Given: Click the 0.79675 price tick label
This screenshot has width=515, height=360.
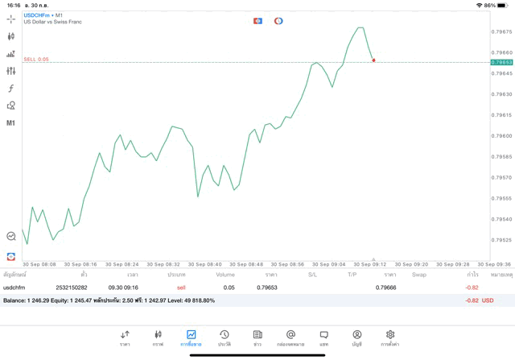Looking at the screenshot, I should (x=501, y=31).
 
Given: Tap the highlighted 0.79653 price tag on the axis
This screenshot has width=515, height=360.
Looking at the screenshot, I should (x=501, y=62).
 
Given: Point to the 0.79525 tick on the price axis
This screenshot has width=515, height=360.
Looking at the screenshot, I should (x=501, y=240).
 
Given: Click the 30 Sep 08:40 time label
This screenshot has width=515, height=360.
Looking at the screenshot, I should (x=204, y=264).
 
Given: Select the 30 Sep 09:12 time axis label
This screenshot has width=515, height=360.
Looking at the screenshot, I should (x=370, y=264).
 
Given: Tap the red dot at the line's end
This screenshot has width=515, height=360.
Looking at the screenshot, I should (x=373, y=60).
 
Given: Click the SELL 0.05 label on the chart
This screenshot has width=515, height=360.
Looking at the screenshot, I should (x=36, y=60).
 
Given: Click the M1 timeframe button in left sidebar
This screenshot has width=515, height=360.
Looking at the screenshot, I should (x=11, y=123).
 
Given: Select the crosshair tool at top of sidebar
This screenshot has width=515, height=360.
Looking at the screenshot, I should (x=11, y=19).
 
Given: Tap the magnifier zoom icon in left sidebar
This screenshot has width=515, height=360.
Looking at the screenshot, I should (x=11, y=236).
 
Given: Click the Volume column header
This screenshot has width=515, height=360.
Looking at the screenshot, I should (x=225, y=275).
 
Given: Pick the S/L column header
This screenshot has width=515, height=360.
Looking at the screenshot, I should (x=312, y=275).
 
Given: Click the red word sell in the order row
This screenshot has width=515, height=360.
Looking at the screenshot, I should (x=181, y=287).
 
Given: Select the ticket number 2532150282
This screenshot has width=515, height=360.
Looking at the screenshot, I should (x=72, y=287).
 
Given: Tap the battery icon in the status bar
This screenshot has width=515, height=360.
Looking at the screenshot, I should (x=504, y=5).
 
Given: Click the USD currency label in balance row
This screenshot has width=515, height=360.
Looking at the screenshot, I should (x=488, y=300).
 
